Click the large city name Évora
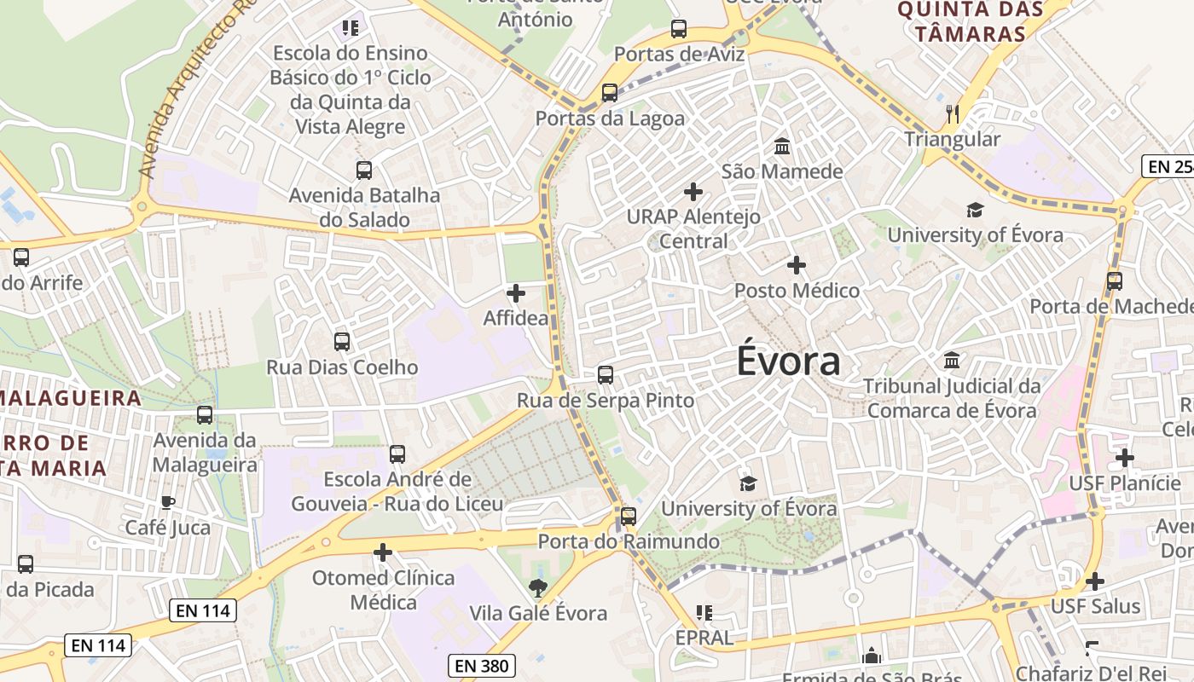coord(788,361)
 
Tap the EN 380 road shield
coord(482,666)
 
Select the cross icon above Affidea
coord(516,293)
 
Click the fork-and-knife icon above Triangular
coord(953,113)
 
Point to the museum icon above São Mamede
coord(782,147)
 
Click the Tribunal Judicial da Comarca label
coord(952,398)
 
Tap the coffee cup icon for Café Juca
coord(168,502)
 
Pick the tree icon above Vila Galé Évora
coord(538,587)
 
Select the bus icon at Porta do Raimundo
coord(629,516)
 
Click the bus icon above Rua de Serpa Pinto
coord(606,374)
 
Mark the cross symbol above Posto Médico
coord(797,265)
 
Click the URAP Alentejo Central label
coord(693,228)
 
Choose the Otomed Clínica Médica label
coord(383,590)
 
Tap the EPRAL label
coord(704,637)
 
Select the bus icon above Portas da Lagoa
coord(610,93)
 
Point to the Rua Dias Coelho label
coord(342,367)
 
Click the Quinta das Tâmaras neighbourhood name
coord(970,22)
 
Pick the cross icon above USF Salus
coord(1095,581)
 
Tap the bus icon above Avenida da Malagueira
coord(205,415)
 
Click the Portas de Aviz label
coord(679,55)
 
